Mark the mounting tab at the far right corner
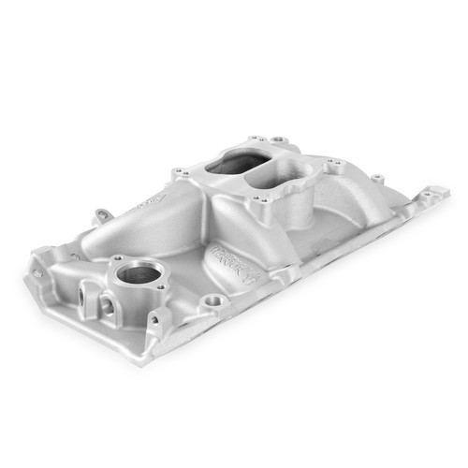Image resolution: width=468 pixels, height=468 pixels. [x=432, y=195]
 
